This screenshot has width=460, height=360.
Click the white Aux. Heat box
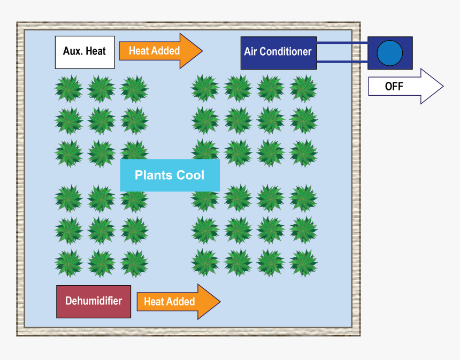click(85, 52)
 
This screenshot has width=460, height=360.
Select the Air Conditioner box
click(278, 52)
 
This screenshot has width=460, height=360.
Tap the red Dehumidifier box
click(94, 302)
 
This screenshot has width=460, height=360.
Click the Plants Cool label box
click(170, 175)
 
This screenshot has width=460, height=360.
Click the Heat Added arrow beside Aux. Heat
click(160, 51)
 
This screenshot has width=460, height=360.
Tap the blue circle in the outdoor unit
click(389, 53)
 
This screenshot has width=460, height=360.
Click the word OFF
click(394, 86)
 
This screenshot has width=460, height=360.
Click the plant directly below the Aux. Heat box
click(68, 88)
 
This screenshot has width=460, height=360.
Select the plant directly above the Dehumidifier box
click(68, 263)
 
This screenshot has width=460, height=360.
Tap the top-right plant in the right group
click(303, 88)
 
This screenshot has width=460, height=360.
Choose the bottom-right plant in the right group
click(303, 263)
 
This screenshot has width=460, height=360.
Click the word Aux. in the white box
click(73, 51)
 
